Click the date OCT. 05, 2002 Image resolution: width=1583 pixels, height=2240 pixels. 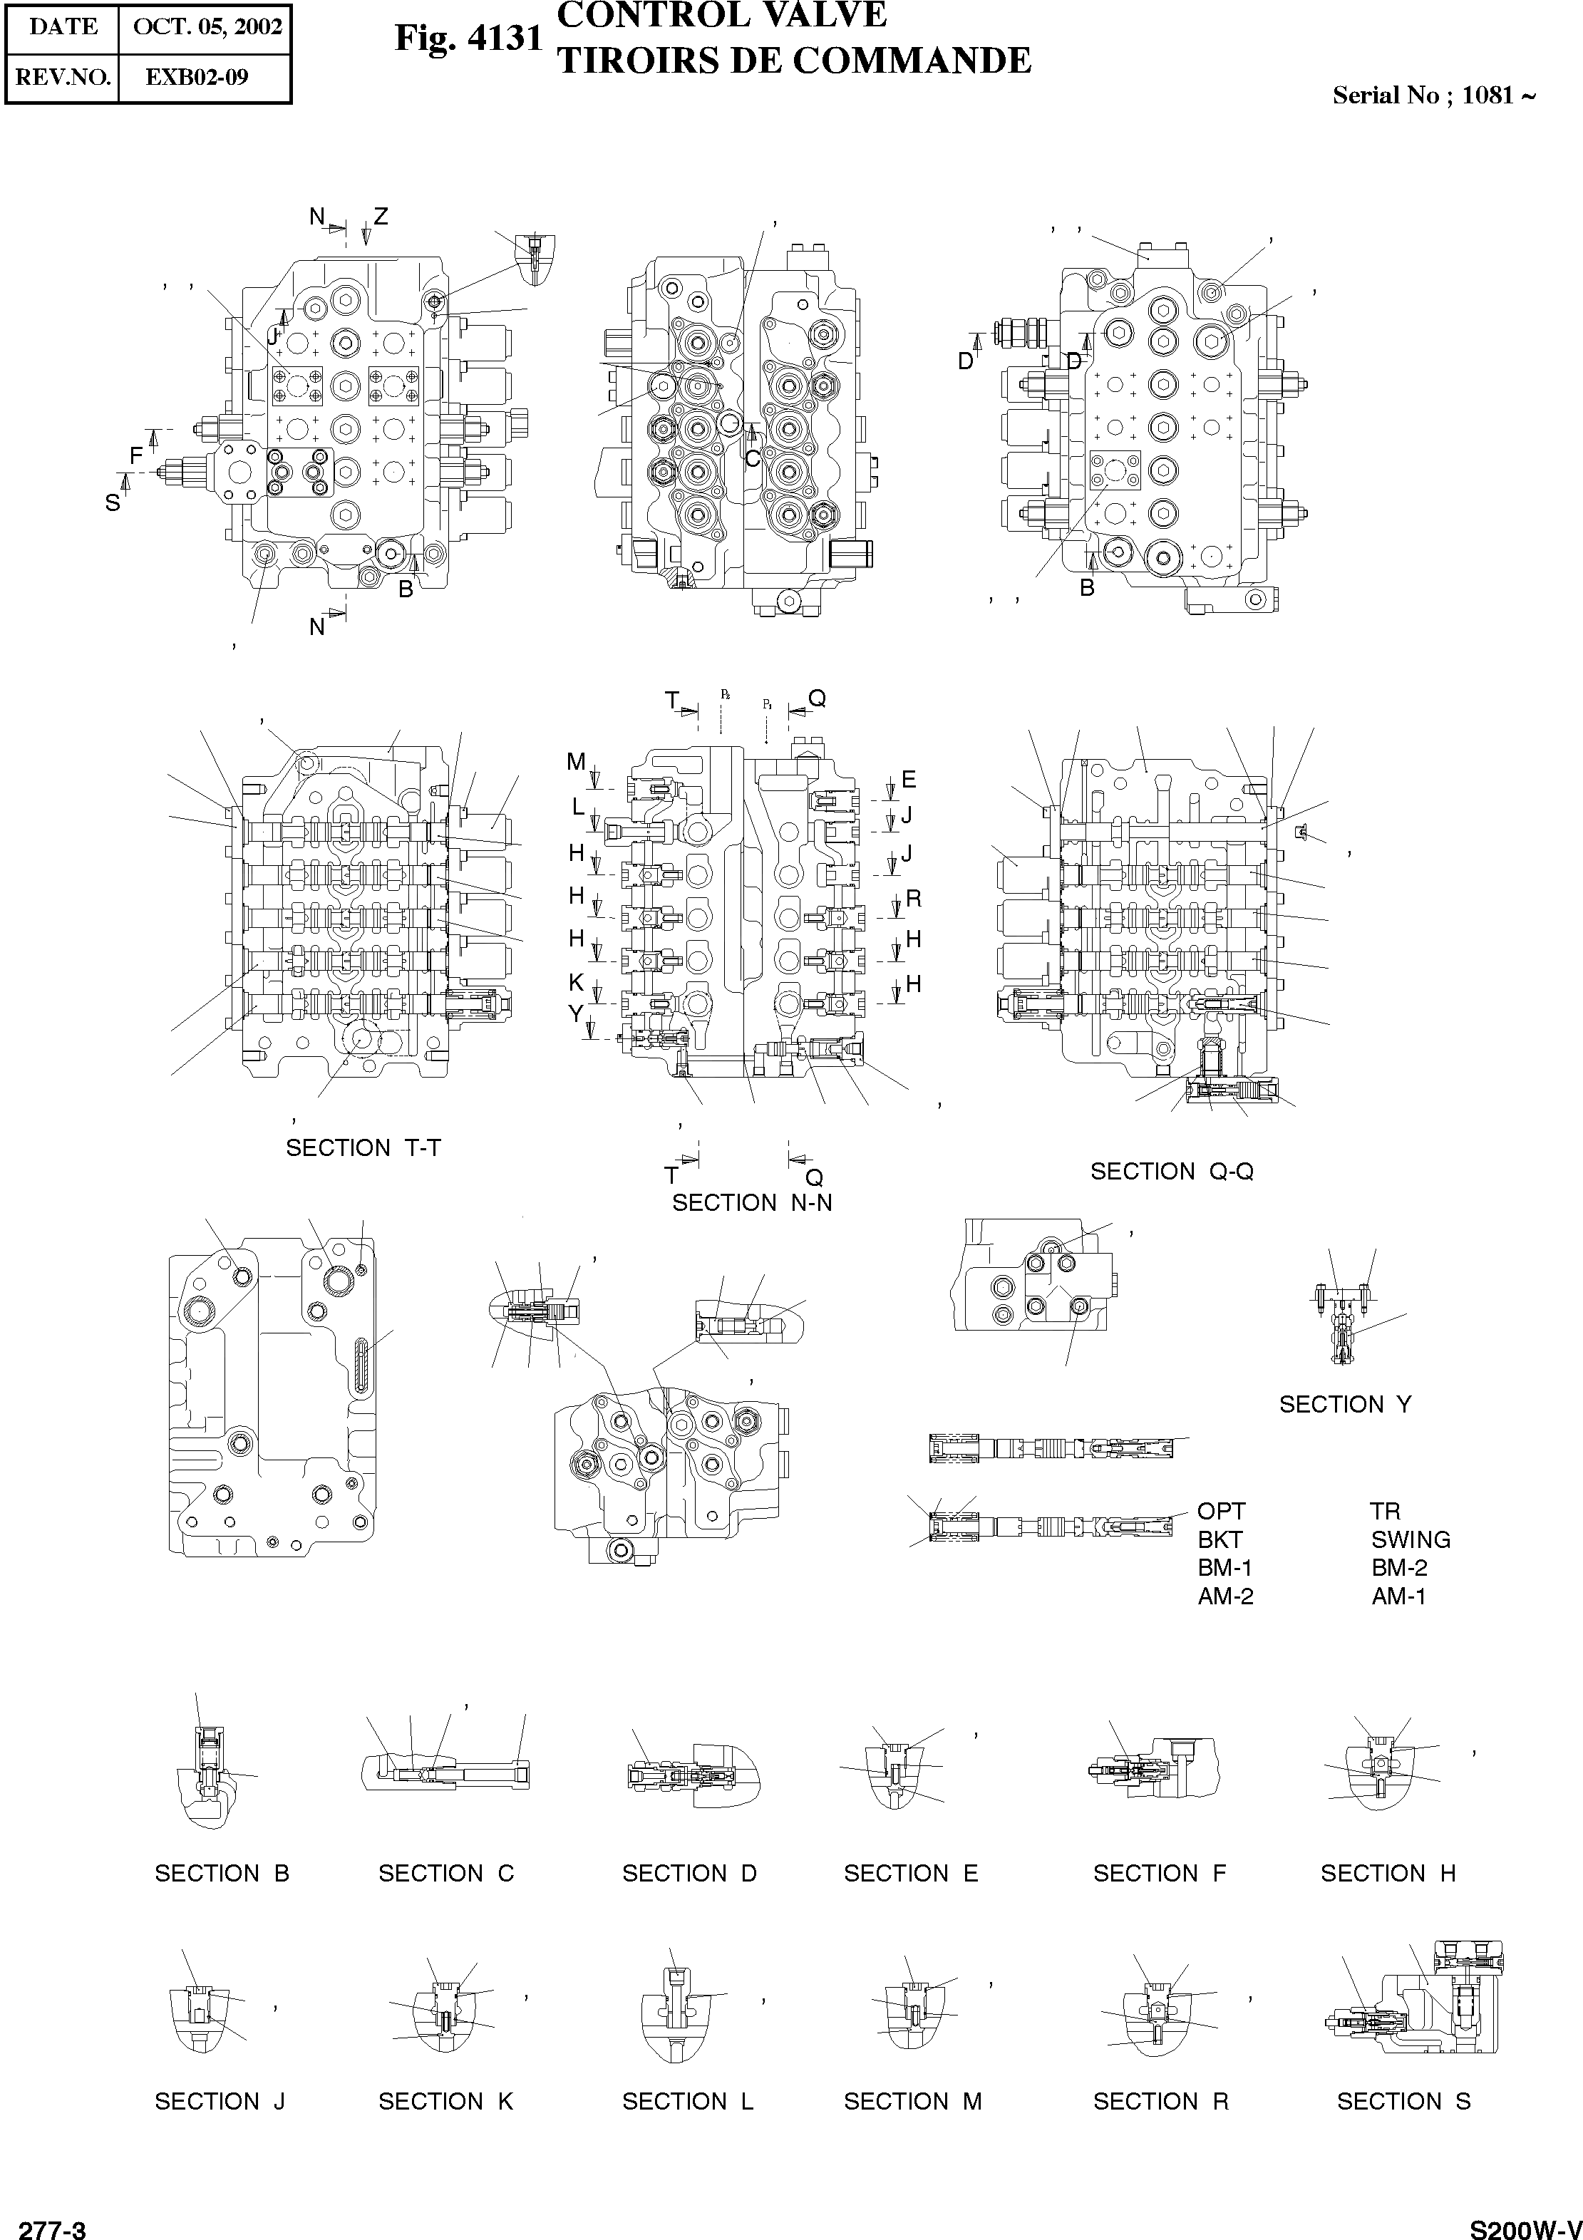[x=207, y=27]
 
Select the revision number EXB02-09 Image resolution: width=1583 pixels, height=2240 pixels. [x=196, y=77]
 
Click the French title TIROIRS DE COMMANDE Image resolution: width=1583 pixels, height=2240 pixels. [x=793, y=61]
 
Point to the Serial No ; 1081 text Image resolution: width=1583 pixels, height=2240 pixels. [x=1433, y=96]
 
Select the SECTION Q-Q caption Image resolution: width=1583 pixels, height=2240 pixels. [x=1171, y=1171]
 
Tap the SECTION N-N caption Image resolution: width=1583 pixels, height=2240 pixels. [x=751, y=1203]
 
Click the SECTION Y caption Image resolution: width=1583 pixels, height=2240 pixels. [x=1345, y=1404]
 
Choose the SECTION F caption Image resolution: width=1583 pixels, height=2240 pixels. [x=1158, y=1872]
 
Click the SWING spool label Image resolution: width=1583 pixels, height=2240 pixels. [x=1411, y=1539]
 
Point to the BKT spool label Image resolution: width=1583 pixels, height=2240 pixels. [x=1220, y=1539]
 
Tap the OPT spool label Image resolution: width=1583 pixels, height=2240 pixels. [x=1221, y=1511]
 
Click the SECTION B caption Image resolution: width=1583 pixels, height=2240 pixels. [x=222, y=1872]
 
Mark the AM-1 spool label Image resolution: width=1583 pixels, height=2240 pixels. [x=1398, y=1596]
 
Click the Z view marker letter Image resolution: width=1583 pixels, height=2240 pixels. [x=381, y=217]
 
